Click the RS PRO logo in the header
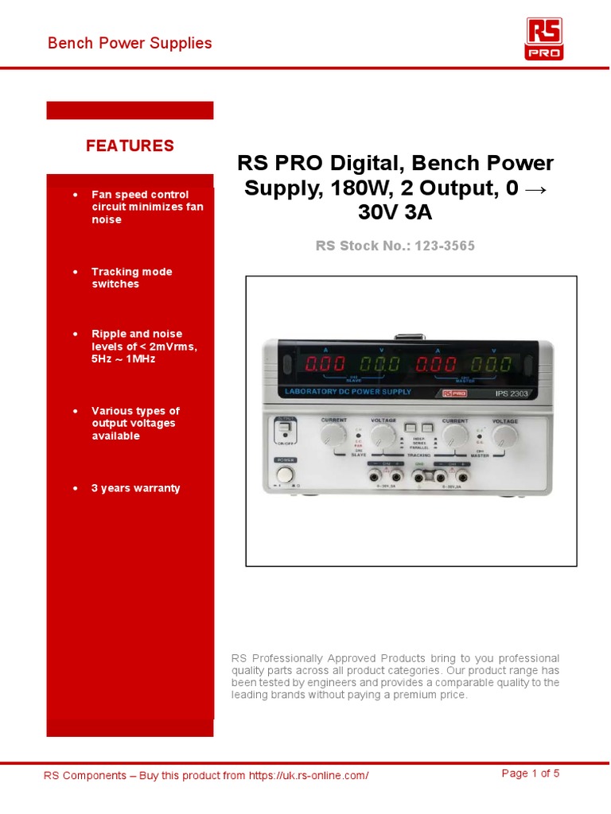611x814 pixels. pyautogui.click(x=544, y=39)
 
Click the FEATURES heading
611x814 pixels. pyautogui.click(x=130, y=145)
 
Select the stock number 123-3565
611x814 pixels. pyautogui.click(x=442, y=246)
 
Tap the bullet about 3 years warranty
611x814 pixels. pyautogui.click(x=135, y=488)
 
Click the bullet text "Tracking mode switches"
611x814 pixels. pyautogui.click(x=131, y=277)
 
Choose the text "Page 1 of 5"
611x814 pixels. pyautogui.click(x=531, y=773)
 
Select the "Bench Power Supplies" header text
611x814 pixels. pyautogui.click(x=130, y=43)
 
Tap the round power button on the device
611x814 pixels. pyautogui.click(x=285, y=475)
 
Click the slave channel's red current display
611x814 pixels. pyautogui.click(x=325, y=365)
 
